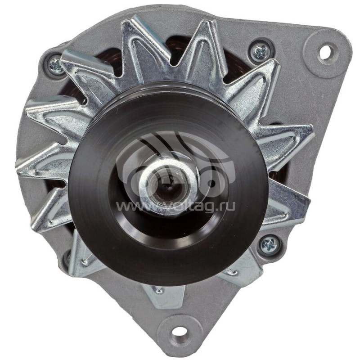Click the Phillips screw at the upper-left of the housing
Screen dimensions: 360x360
click(56, 66)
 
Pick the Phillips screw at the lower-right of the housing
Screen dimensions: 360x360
click(270, 244)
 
